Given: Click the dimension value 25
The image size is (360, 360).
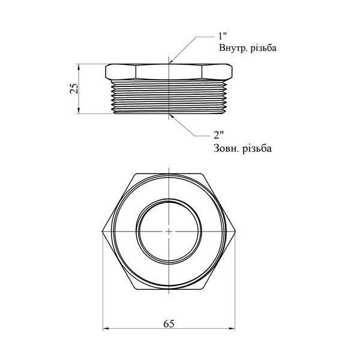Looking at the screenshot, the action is [74, 88].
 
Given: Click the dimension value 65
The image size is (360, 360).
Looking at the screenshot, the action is [169, 324].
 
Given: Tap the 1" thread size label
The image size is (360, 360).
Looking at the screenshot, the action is [222, 36].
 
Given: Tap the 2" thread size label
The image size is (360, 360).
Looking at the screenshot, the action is [218, 135].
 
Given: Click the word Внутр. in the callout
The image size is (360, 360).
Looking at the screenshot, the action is [233, 48].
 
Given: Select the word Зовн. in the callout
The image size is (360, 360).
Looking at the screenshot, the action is [226, 148].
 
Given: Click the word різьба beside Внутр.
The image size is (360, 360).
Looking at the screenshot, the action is [263, 48].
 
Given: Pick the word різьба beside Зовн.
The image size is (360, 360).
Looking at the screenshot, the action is [257, 148].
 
